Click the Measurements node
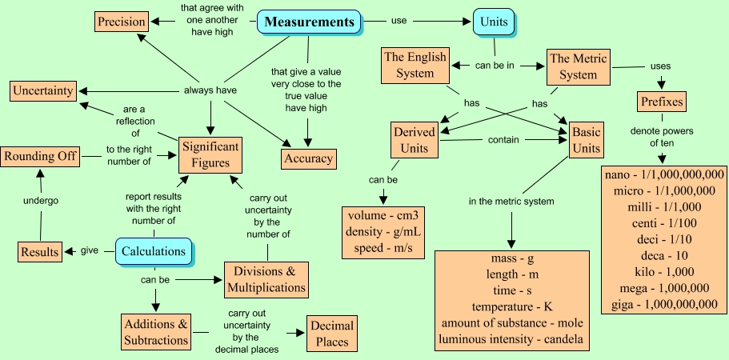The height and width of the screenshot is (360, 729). click(309, 22)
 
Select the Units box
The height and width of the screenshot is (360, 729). click(494, 22)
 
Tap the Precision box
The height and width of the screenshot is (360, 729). click(122, 22)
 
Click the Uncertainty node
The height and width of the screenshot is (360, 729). click(42, 90)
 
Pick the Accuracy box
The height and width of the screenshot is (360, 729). click(308, 158)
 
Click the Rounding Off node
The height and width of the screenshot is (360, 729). click(40, 156)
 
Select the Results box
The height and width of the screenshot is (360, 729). click(40, 251)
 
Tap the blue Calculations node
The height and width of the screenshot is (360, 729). click(154, 251)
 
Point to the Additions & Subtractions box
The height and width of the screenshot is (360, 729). click(157, 332)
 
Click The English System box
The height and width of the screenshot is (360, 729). click(415, 66)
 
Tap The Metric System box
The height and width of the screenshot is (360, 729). click(584, 66)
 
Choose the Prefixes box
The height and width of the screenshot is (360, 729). click(663, 102)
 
